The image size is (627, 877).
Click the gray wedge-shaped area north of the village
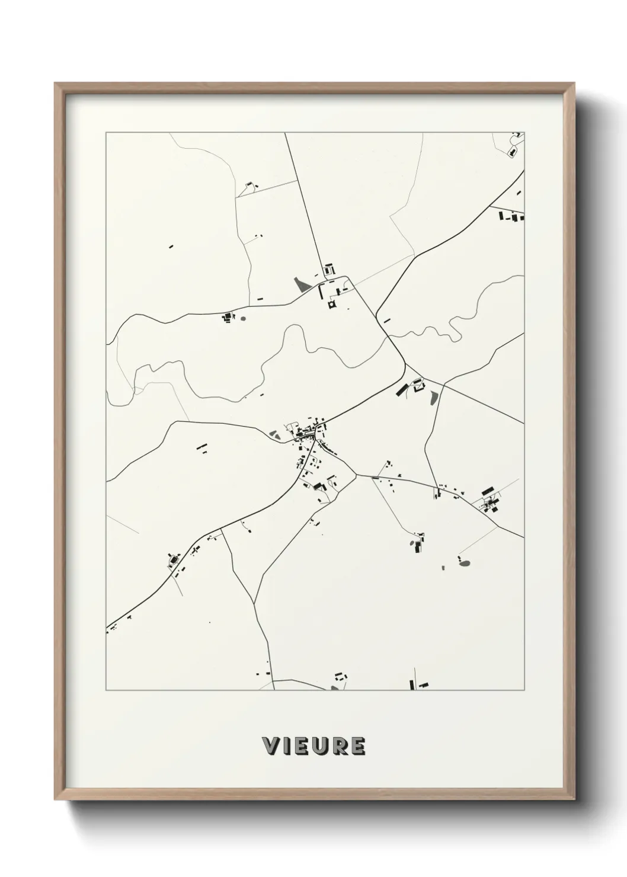pos(302,284)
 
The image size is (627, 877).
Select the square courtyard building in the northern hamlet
pos(331,305)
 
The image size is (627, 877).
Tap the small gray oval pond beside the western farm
pos(243,318)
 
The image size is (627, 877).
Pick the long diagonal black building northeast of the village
pos(402,389)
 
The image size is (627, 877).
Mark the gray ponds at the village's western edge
pos(276,435)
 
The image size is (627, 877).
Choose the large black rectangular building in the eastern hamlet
pos(488,491)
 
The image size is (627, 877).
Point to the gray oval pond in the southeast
pos(465,563)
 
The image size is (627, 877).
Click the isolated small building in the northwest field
pos(171,246)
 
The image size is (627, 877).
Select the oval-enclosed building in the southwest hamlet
pos(174,559)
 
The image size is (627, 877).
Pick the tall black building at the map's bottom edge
pos(412,684)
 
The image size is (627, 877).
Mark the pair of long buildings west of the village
pos(202,447)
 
